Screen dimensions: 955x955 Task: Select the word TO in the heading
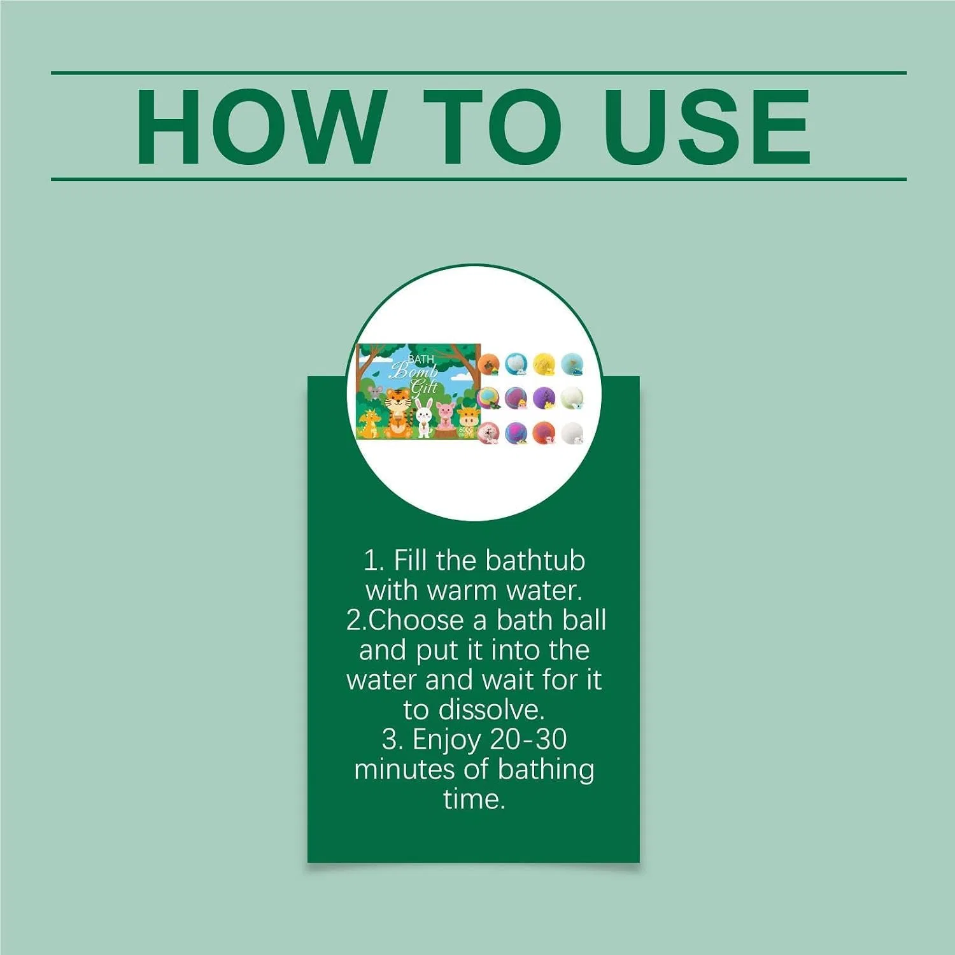pyautogui.click(x=494, y=127)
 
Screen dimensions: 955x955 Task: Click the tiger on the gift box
pyautogui.click(x=397, y=411)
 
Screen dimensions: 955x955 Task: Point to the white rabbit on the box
pyautogui.click(x=423, y=418)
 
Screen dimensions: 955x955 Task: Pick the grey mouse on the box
pyautogui.click(x=375, y=392)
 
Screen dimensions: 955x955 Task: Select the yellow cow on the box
pyautogui.click(x=468, y=420)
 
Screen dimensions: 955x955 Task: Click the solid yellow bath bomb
pyautogui.click(x=544, y=364)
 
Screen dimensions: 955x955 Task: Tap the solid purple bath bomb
pyautogui.click(x=544, y=399)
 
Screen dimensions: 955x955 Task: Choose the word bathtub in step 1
pyautogui.click(x=535, y=561)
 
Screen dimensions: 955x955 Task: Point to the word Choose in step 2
pyautogui.click(x=416, y=620)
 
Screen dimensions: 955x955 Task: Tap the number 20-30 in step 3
pyautogui.click(x=528, y=740)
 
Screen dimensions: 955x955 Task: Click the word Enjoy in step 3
pyautogui.click(x=447, y=740)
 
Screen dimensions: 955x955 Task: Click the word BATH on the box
pyautogui.click(x=421, y=360)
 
